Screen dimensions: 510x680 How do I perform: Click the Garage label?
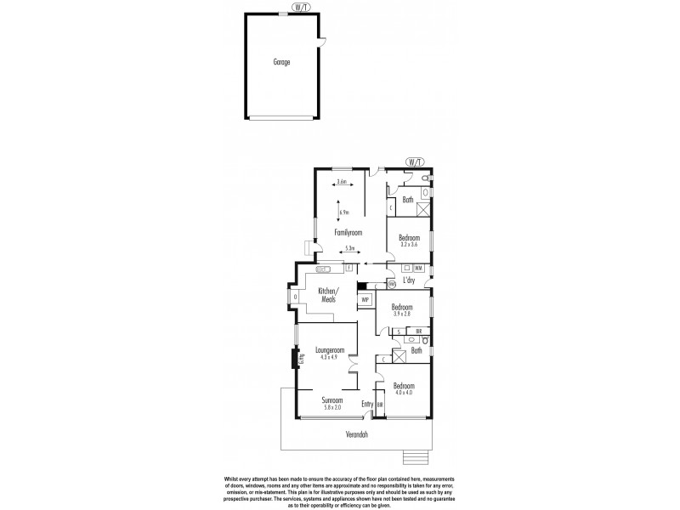[281, 63]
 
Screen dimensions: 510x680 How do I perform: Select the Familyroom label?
[348, 231]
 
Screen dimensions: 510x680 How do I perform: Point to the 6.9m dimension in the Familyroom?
[344, 212]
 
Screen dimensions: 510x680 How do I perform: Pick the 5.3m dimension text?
[348, 249]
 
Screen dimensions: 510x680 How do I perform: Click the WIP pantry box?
[365, 300]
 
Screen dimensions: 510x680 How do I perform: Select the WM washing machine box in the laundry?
[418, 269]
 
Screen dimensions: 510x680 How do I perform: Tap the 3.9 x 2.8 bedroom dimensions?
[402, 314]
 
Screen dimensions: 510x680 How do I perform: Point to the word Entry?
[367, 404]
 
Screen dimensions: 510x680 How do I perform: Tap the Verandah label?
[357, 434]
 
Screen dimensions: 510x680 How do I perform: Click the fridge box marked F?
[348, 267]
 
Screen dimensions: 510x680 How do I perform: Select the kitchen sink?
[324, 268]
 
